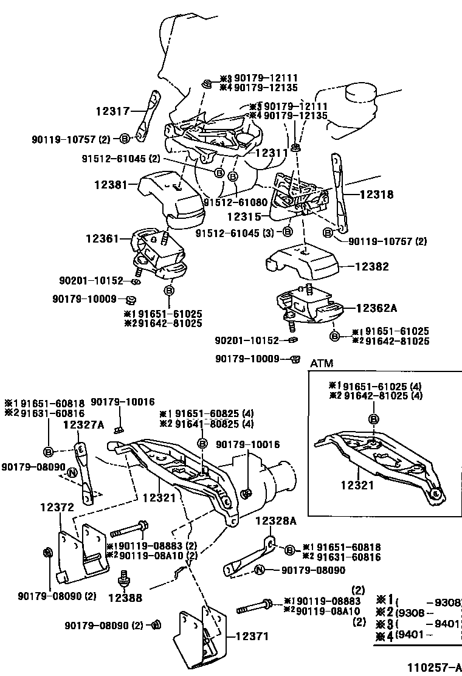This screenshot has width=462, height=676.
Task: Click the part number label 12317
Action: [112, 111]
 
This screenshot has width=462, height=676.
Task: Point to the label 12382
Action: [373, 266]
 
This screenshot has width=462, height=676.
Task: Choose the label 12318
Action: [376, 195]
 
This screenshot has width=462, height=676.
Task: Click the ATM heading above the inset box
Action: [322, 363]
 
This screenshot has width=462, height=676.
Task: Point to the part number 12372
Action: [57, 506]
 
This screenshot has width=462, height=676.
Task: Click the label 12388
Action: [125, 598]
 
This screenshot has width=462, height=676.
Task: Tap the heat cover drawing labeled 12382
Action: [304, 260]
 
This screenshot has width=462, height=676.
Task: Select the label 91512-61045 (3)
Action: [233, 232]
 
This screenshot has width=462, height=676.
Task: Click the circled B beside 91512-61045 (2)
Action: [219, 173]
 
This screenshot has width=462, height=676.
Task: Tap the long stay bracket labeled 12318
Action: [337, 195]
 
